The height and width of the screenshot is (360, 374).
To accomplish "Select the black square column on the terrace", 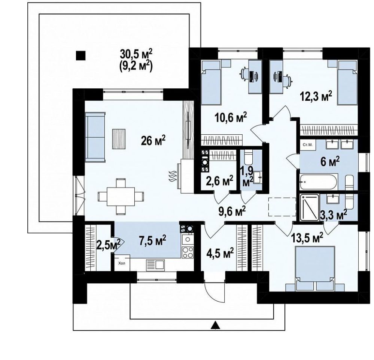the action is point(80,55).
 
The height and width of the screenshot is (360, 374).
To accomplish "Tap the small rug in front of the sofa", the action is point(119,139).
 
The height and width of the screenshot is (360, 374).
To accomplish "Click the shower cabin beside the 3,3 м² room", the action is point(309,207).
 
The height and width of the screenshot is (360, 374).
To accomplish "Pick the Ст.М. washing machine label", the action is point(306,145).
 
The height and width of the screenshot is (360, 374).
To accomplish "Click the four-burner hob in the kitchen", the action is point(188,252).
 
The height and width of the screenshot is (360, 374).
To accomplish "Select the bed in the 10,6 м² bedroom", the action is point(211,82).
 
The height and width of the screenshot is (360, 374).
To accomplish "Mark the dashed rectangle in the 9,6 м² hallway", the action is point(282,207).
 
